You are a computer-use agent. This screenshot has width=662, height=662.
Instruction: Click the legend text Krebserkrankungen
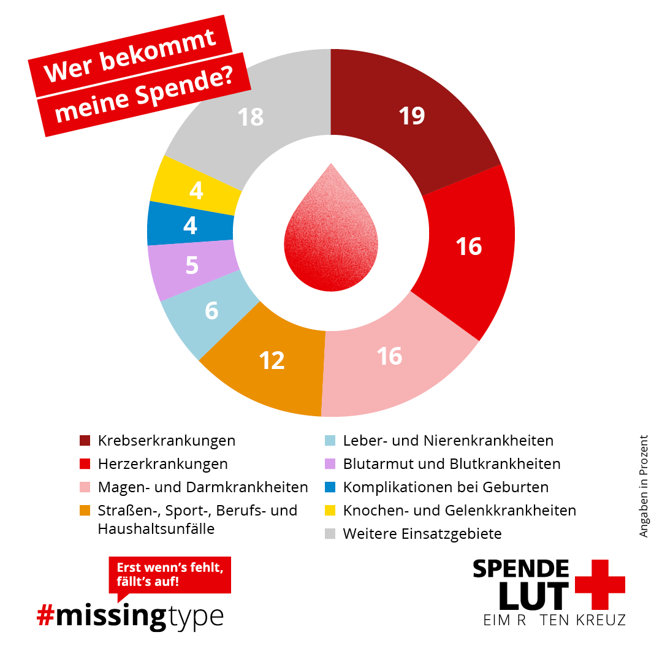(x=166, y=441)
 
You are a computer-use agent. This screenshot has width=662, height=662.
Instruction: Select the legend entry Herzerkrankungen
(x=162, y=464)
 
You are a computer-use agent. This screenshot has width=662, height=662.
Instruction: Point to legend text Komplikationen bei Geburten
(x=446, y=487)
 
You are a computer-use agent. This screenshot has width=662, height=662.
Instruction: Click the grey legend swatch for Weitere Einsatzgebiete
(x=330, y=534)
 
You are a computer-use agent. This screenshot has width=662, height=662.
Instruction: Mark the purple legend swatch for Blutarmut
(x=330, y=464)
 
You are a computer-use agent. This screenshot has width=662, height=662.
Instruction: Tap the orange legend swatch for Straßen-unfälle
(x=85, y=511)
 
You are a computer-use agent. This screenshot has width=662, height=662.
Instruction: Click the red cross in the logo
(x=599, y=584)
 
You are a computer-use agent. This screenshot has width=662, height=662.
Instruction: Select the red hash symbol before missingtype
(x=46, y=615)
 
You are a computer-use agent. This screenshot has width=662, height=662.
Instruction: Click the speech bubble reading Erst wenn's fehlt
(x=170, y=573)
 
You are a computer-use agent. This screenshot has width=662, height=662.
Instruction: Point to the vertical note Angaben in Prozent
(x=643, y=486)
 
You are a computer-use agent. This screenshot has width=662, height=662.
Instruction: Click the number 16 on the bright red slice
(x=468, y=246)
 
